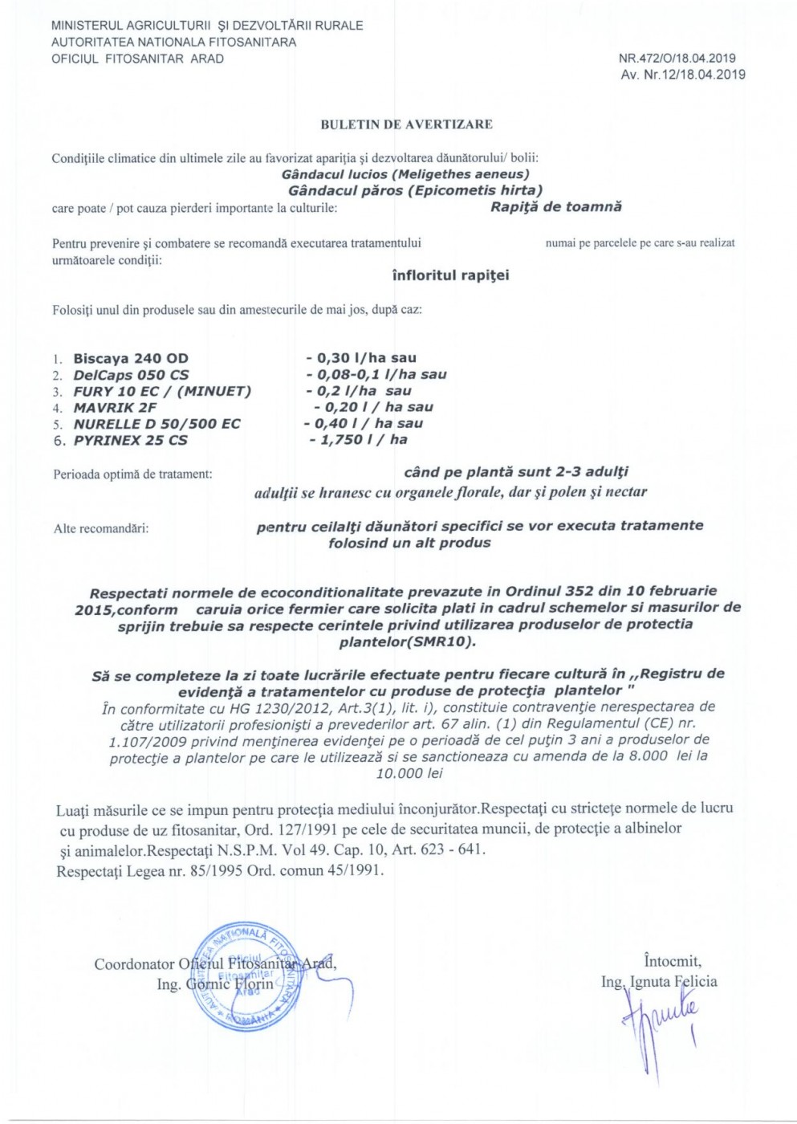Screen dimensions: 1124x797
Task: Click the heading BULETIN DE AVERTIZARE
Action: [406, 124]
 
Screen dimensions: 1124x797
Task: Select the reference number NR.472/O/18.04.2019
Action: [677, 59]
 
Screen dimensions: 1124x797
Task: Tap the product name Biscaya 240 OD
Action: [131, 359]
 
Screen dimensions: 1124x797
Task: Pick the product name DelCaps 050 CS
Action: [131, 375]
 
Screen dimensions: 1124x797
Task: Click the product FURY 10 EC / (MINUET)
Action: [162, 392]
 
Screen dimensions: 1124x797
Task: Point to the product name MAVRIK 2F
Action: [115, 408]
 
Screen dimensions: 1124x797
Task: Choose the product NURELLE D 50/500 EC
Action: [157, 424]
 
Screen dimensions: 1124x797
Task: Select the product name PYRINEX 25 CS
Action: [130, 440]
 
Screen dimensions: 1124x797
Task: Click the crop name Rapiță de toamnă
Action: [556, 207]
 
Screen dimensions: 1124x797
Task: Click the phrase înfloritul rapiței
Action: [450, 275]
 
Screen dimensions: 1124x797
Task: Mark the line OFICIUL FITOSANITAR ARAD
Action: [137, 59]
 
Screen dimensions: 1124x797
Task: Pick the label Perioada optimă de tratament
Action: [132, 474]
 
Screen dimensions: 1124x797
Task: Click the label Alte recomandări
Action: [101, 528]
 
